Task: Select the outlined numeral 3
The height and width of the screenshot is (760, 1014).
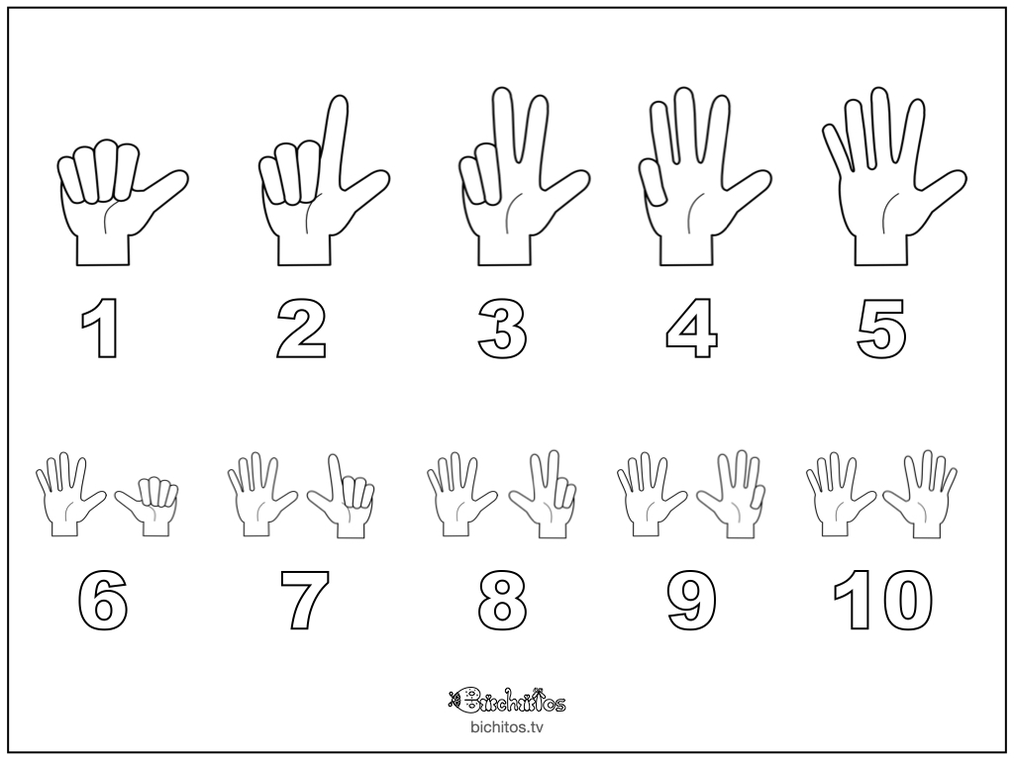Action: (x=502, y=328)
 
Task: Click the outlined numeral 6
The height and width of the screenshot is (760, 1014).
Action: (x=102, y=599)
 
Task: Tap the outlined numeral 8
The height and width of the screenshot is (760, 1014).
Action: (x=502, y=599)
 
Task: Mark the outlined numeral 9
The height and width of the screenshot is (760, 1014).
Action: (x=691, y=599)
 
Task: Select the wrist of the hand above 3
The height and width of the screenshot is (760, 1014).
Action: (x=504, y=248)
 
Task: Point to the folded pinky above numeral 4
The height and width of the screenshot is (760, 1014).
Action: (x=654, y=183)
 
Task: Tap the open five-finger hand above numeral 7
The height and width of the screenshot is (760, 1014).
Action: (x=261, y=493)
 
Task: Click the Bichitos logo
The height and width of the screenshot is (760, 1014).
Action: (x=506, y=700)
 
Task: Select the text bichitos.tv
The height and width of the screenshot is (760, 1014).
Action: (x=506, y=727)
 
